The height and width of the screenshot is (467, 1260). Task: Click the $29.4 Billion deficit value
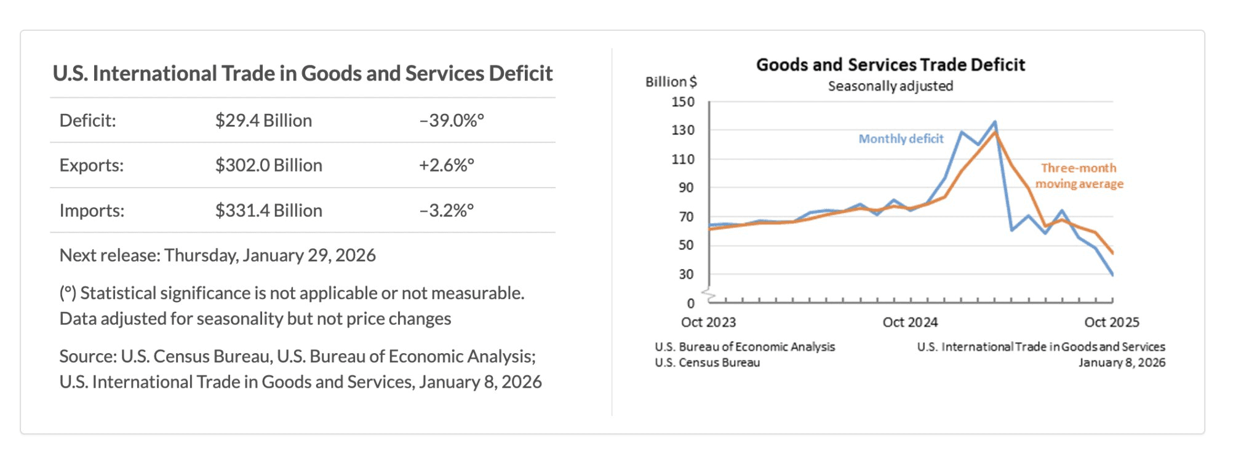coord(263,121)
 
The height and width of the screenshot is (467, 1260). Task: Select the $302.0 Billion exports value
coord(268,166)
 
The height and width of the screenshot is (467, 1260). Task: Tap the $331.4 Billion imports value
coord(268,210)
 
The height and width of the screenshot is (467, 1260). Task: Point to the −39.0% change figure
coord(452,121)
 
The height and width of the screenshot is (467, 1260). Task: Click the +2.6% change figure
coord(447,166)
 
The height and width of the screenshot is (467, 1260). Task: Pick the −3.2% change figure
coord(447,210)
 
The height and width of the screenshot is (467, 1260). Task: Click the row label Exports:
coord(91,166)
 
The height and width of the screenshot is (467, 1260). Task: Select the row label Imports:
coord(92,210)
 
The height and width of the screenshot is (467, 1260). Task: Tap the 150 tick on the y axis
coord(683,102)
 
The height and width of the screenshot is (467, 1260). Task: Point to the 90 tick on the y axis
coord(686,188)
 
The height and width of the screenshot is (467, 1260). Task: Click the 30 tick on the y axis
coord(686,274)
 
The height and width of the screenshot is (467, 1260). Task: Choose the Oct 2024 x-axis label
coord(910,322)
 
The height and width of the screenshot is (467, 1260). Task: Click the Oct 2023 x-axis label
coord(708,322)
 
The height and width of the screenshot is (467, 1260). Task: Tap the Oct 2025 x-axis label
coord(1112,322)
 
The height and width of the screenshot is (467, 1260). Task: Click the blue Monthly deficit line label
coord(901,139)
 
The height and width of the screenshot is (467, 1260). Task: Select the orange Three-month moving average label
coord(1079,176)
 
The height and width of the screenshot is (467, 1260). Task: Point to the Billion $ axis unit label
coord(671,82)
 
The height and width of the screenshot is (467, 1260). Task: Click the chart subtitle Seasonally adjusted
coord(890,86)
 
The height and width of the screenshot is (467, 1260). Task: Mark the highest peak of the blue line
coord(995,122)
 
